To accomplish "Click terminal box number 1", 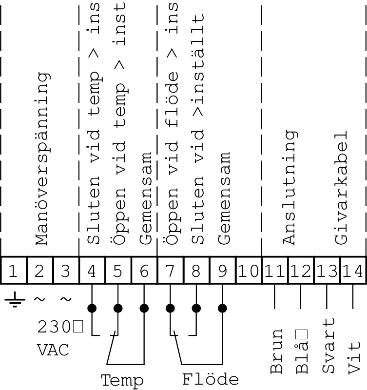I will (x=13, y=270).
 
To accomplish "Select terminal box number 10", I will (x=249, y=270).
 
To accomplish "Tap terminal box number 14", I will (x=353, y=270).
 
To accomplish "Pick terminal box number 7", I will (x=170, y=270).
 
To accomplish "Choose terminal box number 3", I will (x=66, y=270).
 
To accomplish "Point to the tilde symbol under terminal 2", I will (x=39, y=298).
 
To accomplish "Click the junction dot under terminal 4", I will (x=92, y=308).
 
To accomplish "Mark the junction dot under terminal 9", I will (x=222, y=308).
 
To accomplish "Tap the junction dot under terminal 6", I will (x=144, y=308).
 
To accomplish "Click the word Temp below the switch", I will (x=122, y=380).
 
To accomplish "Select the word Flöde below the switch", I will (x=211, y=379).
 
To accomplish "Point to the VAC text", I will (x=53, y=350).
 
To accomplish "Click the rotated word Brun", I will (x=276, y=351).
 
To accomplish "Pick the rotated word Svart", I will (x=329, y=346).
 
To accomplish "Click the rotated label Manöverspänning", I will (x=42, y=159).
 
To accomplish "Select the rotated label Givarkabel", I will (x=341, y=187).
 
